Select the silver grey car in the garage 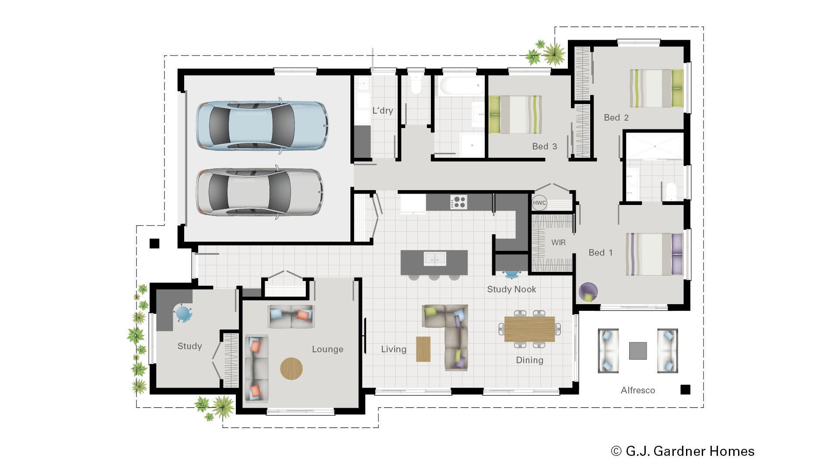(259, 192)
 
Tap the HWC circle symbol (539, 203)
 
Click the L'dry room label (382, 111)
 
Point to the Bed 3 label (544, 146)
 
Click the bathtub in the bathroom (461, 86)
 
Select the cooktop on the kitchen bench (458, 202)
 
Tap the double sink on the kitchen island (435, 259)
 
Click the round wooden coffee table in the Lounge (291, 368)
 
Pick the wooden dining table (529, 329)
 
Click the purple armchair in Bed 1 (588, 292)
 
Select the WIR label (558, 243)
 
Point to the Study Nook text (511, 289)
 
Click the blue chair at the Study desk (183, 313)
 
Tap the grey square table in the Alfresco (637, 351)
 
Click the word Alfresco (637, 390)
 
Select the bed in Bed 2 (656, 88)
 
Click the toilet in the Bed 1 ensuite (670, 191)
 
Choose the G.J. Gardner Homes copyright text (683, 451)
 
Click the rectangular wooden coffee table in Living (423, 349)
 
